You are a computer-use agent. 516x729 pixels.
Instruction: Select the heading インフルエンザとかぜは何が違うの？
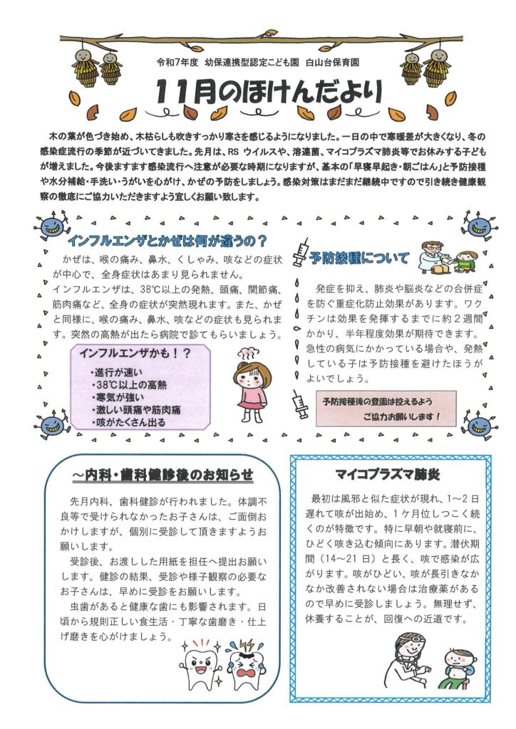coord(167,240)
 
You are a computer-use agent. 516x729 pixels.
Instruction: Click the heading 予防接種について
coord(360,258)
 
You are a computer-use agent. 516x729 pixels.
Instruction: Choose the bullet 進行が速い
coord(120,372)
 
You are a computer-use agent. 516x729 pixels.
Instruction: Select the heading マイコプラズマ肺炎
coord(391,474)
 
